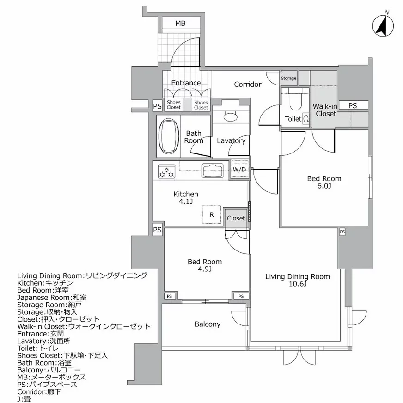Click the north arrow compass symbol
tap(383, 26)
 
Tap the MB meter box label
tap(180, 24)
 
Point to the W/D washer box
tap(239, 169)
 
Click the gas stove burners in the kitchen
tap(166, 171)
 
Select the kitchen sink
tap(213, 171)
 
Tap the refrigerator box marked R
tap(211, 214)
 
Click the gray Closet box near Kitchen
tap(236, 218)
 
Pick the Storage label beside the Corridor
tap(288, 79)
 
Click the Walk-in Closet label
tap(326, 110)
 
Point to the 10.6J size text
tap(297, 284)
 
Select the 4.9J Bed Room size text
tap(204, 269)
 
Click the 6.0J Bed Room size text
tap(324, 186)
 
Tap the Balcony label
tap(207, 324)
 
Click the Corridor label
tap(248, 84)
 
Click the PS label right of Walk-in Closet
tap(353, 105)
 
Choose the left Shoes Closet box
tap(174, 105)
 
